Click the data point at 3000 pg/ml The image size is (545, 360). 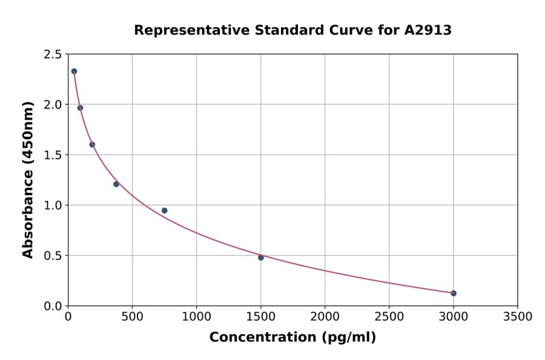(454, 293)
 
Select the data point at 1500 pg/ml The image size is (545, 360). (261, 258)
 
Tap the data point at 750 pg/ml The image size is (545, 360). (164, 211)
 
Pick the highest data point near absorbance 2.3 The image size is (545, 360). (74, 72)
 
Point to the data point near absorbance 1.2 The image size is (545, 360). (116, 184)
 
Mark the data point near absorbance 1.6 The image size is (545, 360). (92, 145)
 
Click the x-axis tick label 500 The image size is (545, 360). (132, 317)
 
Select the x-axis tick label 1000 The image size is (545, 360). (196, 317)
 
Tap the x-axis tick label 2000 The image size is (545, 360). (325, 317)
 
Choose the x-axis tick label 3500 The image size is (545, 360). (517, 317)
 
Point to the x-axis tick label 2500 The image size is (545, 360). (389, 317)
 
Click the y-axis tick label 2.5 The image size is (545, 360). (52, 55)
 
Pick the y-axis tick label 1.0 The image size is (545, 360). (52, 205)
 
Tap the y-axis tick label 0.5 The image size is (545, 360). (52, 256)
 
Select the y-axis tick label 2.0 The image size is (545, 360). (52, 105)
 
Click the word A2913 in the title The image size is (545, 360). (428, 30)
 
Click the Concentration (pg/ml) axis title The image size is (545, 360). (292, 338)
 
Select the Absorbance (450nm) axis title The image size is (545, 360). (28, 180)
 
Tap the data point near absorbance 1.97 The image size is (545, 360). (80, 108)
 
